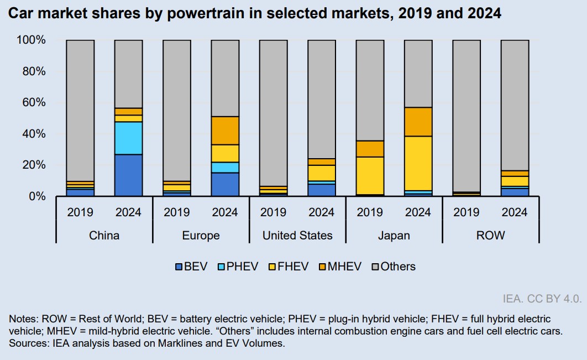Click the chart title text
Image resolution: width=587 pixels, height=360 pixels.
[x=254, y=14]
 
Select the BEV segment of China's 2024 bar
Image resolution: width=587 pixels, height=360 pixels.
[x=128, y=175]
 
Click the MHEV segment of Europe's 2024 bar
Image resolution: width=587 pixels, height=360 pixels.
[x=225, y=131]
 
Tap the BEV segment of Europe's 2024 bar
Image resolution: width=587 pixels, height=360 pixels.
[x=225, y=184]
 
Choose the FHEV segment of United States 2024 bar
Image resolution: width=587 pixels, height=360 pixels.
[x=322, y=173]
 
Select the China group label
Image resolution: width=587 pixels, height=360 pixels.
[x=104, y=236]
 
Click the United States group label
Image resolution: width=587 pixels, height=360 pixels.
[x=297, y=236]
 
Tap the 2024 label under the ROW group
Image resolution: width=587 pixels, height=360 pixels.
[x=515, y=212]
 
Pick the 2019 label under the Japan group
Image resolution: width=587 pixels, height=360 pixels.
[x=370, y=212]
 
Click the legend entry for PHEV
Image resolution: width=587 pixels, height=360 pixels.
[x=238, y=267]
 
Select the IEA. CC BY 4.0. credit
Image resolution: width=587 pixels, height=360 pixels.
[x=542, y=299]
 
